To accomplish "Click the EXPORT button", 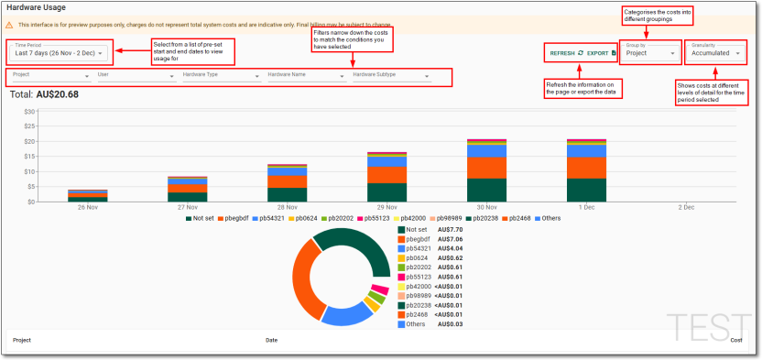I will pos(601,54).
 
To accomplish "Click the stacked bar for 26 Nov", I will pos(88,195).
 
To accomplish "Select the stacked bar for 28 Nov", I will pos(287,182).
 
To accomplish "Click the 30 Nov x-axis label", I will pos(485,208).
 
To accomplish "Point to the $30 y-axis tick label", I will pos(29,112).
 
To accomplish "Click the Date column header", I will pos(271,340).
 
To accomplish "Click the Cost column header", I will pos(735,340).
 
